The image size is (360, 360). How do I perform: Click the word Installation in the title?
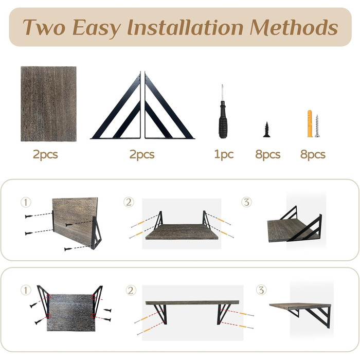tap(185, 27)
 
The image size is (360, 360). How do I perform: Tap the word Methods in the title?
tap(294, 27)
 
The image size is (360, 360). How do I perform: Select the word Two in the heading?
tap(44, 27)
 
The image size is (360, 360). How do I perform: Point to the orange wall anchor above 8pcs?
tap(310, 123)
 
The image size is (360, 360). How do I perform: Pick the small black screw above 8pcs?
tap(266, 130)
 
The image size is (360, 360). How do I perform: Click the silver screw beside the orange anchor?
tap(317, 126)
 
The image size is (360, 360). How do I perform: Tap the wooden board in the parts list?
tap(48, 104)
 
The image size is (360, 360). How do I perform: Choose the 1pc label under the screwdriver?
tap(224, 154)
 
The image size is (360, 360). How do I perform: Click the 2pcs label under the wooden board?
tap(45, 154)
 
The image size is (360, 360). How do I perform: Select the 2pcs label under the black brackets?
tap(142, 154)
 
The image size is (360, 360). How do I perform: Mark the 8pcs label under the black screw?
tap(268, 154)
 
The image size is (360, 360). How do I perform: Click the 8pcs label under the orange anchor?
tap(313, 154)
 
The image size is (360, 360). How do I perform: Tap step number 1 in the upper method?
tap(26, 203)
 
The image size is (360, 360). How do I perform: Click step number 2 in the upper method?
tap(129, 202)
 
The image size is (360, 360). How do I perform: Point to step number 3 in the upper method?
tap(246, 202)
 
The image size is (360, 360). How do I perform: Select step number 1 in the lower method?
tap(26, 290)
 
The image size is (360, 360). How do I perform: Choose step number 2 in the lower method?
tap(131, 291)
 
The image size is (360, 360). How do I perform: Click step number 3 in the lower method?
tap(261, 290)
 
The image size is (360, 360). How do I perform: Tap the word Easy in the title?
tap(96, 28)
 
